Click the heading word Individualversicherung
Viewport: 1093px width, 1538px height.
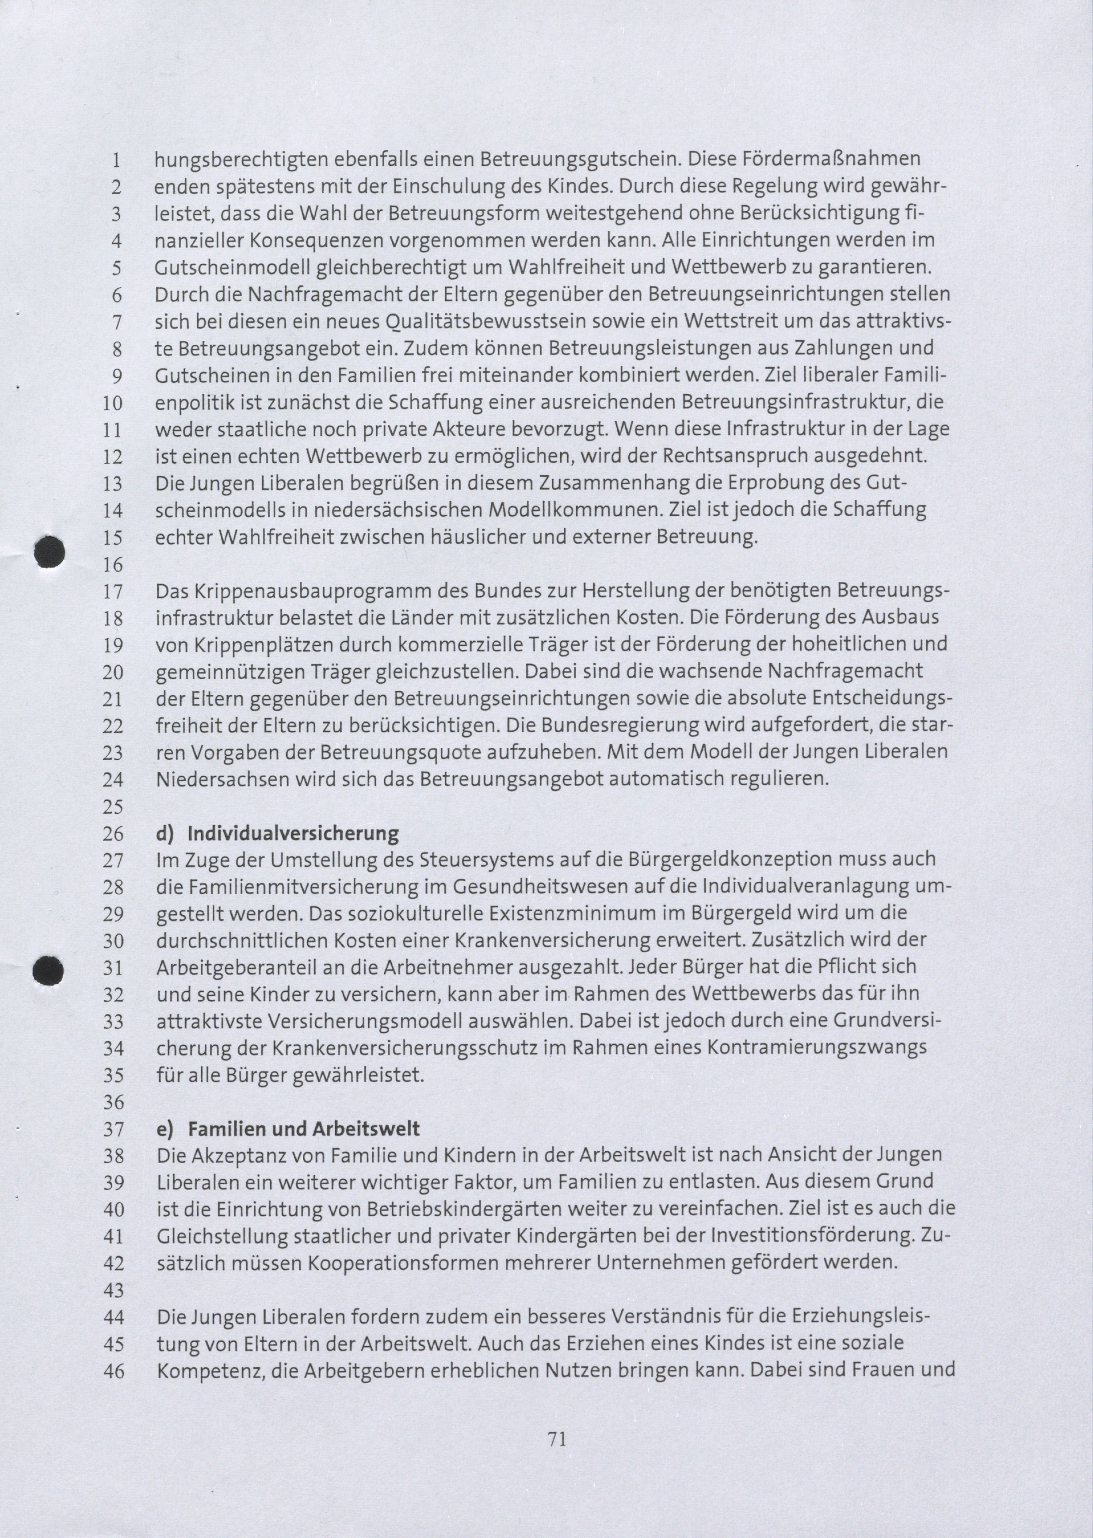(x=293, y=834)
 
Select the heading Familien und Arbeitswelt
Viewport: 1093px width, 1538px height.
(x=303, y=1129)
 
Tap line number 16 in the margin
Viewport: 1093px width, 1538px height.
(x=112, y=564)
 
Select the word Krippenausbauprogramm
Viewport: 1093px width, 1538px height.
(x=313, y=591)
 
